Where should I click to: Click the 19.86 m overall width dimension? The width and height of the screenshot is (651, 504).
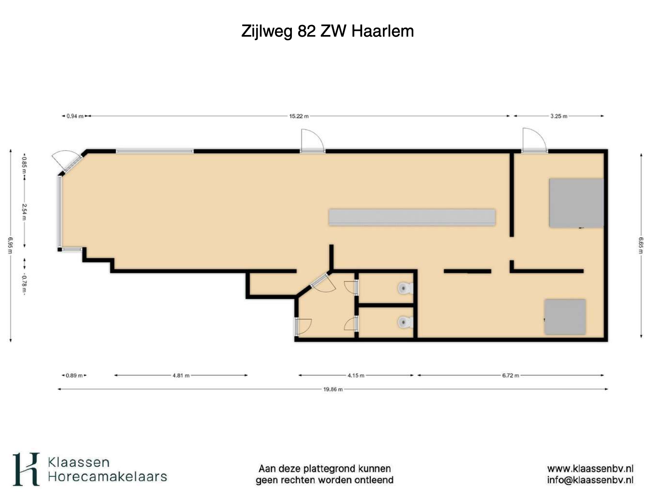[x=333, y=389]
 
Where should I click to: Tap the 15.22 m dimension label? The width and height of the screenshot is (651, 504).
[x=299, y=116]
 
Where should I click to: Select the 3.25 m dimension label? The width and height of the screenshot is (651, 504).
[x=559, y=116]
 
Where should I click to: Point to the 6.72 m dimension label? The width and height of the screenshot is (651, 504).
[x=510, y=375]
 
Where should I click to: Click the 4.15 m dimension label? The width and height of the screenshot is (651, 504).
[x=356, y=375]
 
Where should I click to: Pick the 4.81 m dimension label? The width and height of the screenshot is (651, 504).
[x=181, y=375]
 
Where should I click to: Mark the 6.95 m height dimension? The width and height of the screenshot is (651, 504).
[x=10, y=245]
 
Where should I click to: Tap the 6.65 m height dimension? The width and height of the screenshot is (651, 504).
[x=641, y=245]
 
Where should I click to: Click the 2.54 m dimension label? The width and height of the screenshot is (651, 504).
[x=24, y=212]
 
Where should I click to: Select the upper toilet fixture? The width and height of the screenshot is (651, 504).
[x=406, y=288]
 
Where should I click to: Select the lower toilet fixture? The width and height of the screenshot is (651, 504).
[x=406, y=322]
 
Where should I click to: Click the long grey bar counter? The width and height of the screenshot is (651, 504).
[x=412, y=217]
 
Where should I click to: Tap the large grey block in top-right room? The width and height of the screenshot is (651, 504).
[x=576, y=203]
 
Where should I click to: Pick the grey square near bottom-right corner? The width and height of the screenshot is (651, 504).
[x=565, y=317]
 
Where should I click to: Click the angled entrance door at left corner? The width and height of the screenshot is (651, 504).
[x=67, y=163]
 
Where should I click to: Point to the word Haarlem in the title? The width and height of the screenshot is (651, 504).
[x=383, y=31]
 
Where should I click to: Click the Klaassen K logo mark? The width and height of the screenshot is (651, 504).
[x=26, y=469]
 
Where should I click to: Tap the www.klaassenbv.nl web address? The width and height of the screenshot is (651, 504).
[x=590, y=468]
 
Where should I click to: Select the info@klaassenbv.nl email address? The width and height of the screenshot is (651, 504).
[x=590, y=480]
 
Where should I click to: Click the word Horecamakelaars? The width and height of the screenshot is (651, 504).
[x=107, y=477]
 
